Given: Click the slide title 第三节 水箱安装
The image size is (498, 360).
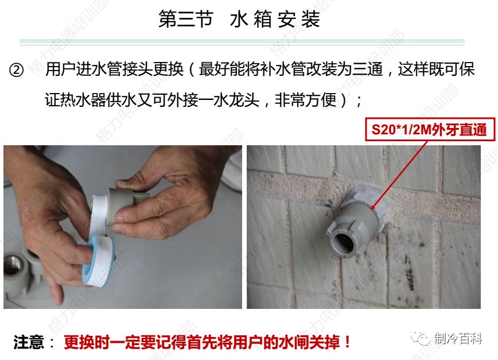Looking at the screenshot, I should pos(239,20).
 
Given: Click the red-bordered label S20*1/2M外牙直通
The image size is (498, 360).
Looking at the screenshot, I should pos(429,130).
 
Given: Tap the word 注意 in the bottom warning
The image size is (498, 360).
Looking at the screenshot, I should pos(29,343).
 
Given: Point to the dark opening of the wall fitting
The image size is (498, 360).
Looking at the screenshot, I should pos(351,242).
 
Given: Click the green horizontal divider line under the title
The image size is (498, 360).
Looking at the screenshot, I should pos(242,42).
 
